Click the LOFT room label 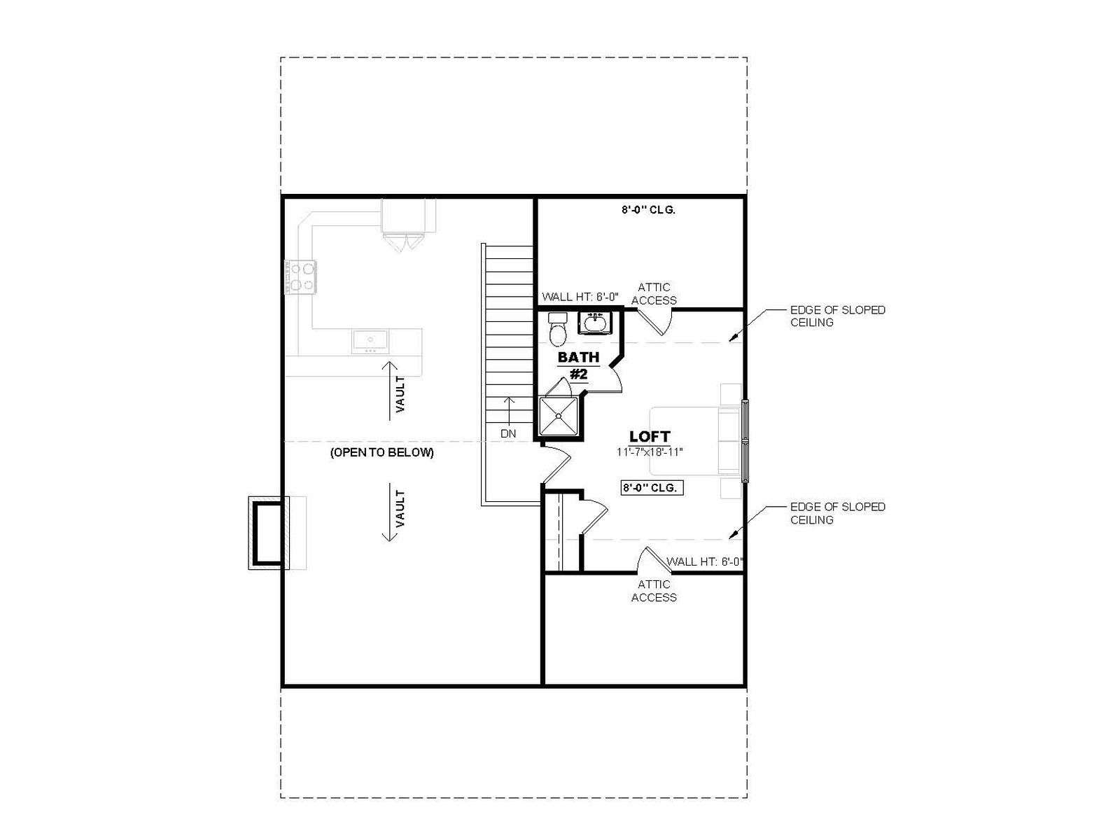[x=650, y=437]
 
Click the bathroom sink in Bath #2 [x=594, y=323]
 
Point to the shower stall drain [x=558, y=416]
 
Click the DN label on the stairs [x=507, y=434]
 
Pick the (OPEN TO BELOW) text [x=382, y=452]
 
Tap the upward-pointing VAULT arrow [x=390, y=391]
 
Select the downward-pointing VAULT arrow [x=390, y=512]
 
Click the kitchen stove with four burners [x=300, y=277]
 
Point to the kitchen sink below [x=370, y=340]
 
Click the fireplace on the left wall [x=269, y=533]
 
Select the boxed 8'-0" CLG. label [x=652, y=488]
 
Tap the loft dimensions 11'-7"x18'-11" [x=650, y=452]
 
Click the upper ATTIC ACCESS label [x=654, y=294]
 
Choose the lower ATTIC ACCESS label [x=654, y=591]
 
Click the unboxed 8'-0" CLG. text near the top [x=648, y=209]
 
